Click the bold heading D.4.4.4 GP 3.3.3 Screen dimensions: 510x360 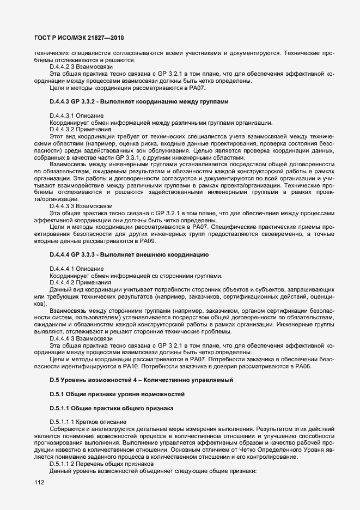click(127, 255)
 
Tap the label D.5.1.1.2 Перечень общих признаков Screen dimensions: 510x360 click(101, 463)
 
